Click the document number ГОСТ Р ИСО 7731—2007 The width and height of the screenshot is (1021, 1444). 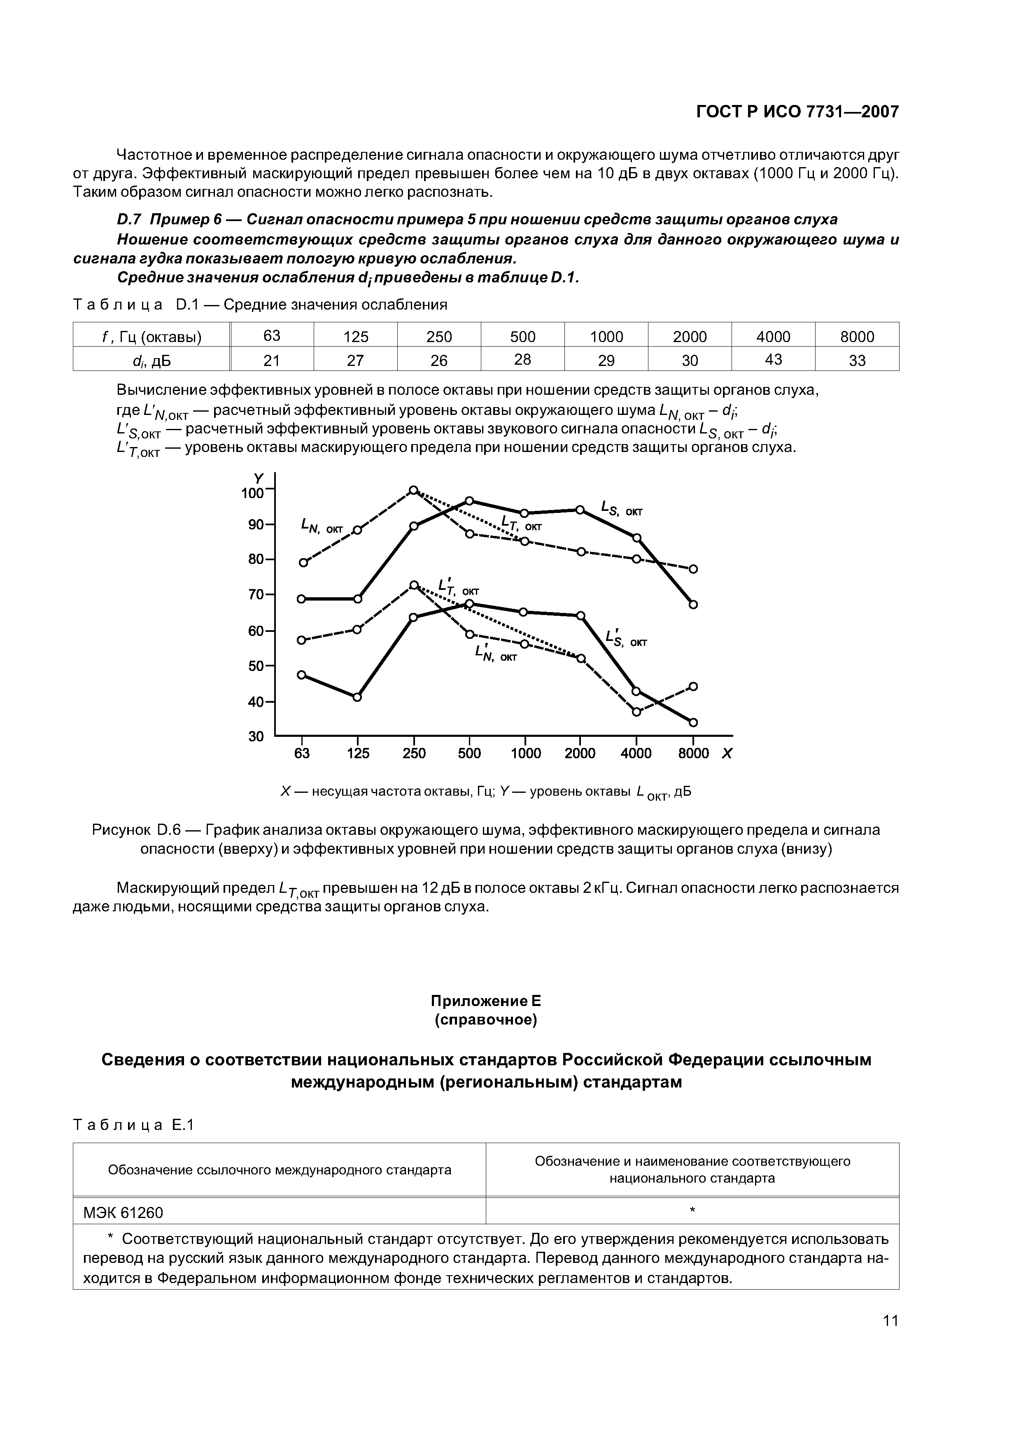point(797,112)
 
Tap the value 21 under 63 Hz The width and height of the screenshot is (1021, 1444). point(272,360)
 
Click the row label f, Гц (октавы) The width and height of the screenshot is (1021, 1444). point(152,337)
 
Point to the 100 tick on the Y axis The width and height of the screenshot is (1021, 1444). point(252,493)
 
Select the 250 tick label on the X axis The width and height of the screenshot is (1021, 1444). point(414,753)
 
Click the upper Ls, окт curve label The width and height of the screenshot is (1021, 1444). point(621,508)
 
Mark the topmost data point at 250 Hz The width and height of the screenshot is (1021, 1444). point(413,490)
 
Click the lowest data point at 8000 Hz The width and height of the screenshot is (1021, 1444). point(693,722)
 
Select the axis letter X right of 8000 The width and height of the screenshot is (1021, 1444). point(727,753)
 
